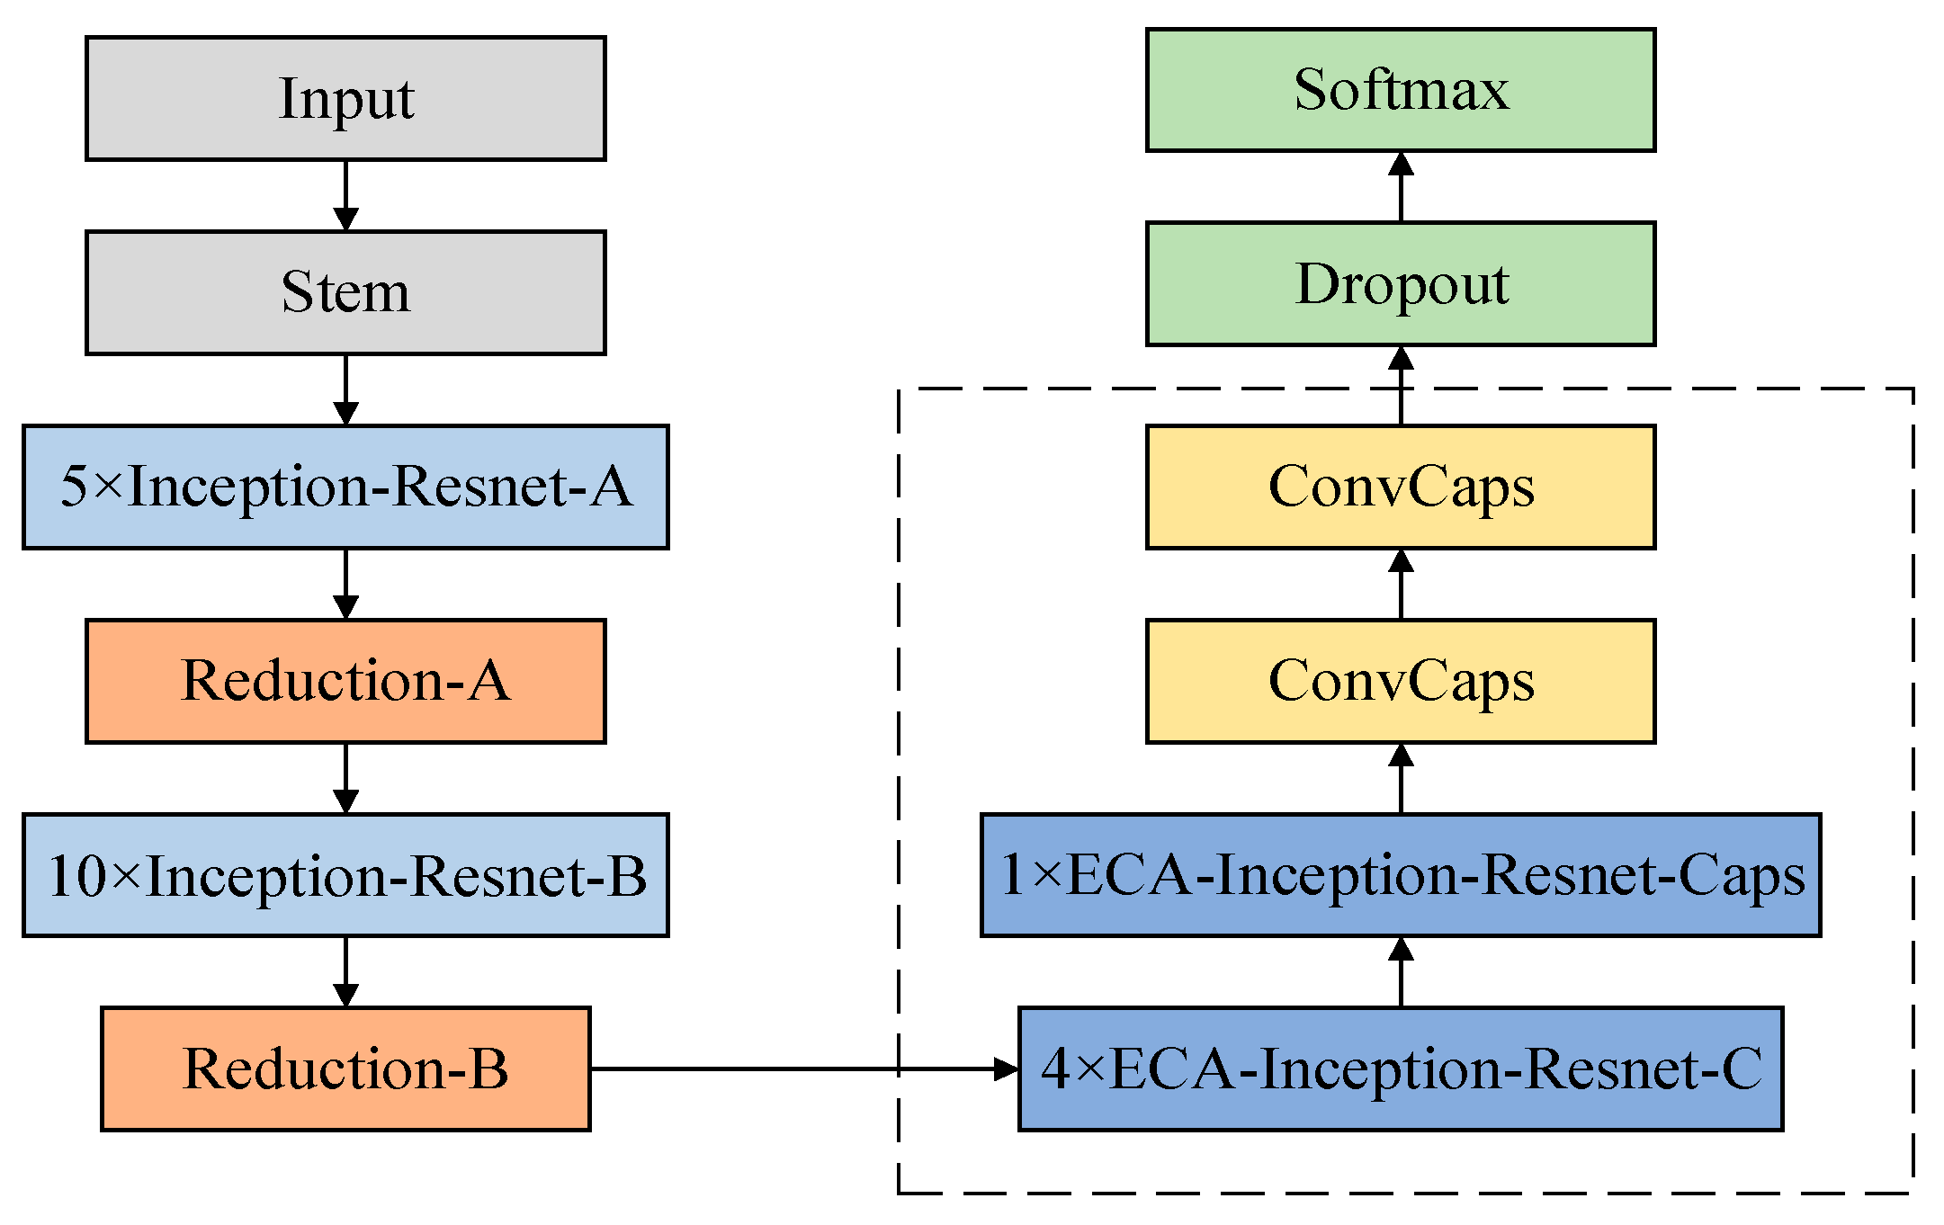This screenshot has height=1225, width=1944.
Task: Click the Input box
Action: [345, 99]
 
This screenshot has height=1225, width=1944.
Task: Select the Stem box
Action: [345, 293]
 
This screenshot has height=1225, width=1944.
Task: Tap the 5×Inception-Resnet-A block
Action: [345, 487]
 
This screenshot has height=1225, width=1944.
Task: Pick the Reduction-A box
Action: [345, 681]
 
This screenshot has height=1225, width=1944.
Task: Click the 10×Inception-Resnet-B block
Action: [345, 875]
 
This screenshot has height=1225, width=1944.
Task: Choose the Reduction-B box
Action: [345, 1069]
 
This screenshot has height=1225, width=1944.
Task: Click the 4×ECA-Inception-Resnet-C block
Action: [1401, 1069]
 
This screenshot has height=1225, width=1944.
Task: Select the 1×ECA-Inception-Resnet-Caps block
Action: [1401, 875]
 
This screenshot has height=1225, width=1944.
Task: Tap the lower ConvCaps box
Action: [1401, 681]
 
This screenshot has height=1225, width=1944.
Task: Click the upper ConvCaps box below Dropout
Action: [1401, 487]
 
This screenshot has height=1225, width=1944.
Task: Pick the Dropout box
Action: [1401, 284]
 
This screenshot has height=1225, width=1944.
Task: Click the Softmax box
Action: [1401, 90]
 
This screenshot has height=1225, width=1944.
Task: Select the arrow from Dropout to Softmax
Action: [1401, 187]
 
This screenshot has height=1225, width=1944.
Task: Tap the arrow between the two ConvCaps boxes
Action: [1401, 584]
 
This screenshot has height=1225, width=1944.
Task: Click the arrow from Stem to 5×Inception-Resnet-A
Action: [345, 389]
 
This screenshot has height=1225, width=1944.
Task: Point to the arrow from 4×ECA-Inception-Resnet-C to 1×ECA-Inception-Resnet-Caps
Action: [1401, 971]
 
